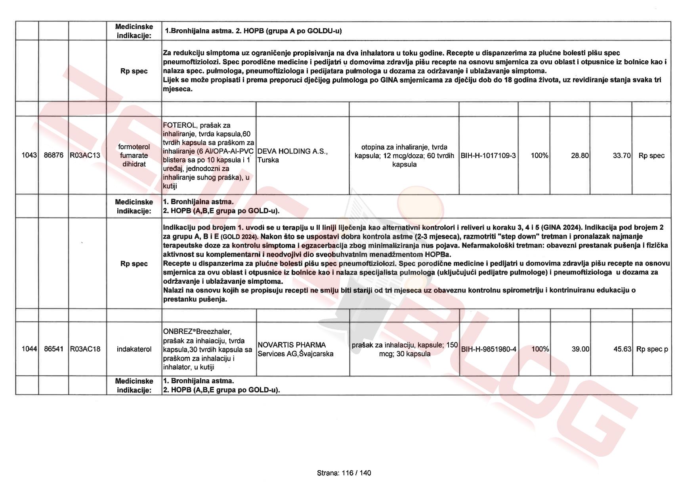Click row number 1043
point(29,156)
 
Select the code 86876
point(53,156)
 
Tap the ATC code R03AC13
point(85,156)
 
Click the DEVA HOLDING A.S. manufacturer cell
point(292,156)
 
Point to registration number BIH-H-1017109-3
point(488,156)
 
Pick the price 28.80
point(580,156)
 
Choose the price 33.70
point(621,156)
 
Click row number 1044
point(29,349)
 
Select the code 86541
point(53,349)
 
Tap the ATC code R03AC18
point(85,349)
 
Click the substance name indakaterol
point(134,349)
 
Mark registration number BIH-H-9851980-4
point(489,349)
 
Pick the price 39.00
point(580,349)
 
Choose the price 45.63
point(622,349)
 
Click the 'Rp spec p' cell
point(652,349)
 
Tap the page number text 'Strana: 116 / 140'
point(344,473)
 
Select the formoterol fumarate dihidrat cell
point(134,156)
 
